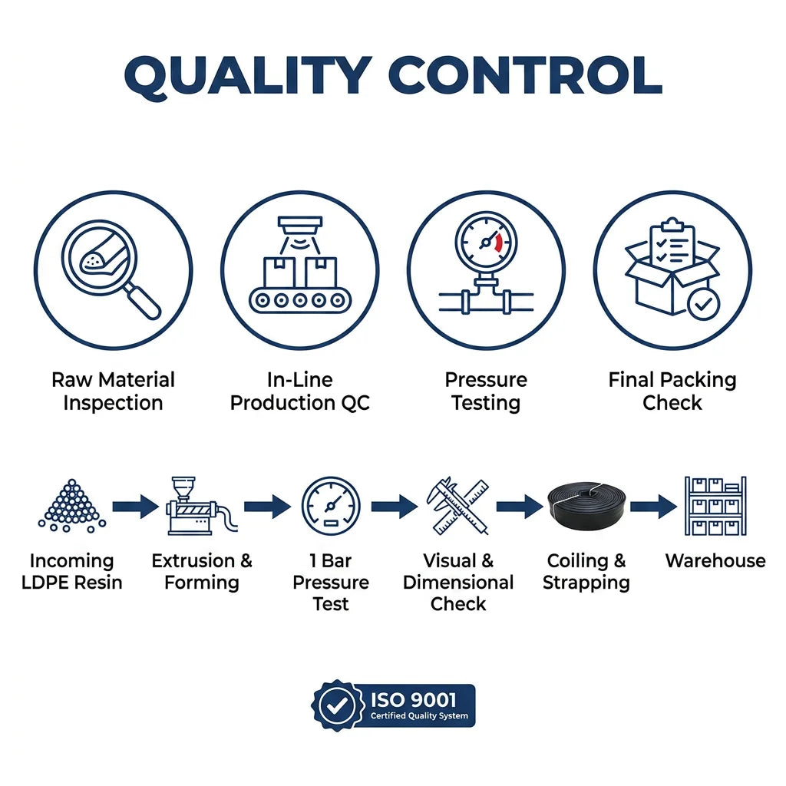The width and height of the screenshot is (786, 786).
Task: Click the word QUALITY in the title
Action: coord(248,77)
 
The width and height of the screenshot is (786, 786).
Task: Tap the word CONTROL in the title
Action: coord(525,75)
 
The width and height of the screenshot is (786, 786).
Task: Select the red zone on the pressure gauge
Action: coord(497,242)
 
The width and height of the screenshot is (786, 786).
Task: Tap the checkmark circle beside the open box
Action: coord(703,304)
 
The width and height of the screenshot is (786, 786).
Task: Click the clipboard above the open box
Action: coord(672,243)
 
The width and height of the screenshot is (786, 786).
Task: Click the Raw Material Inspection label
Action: coord(114,391)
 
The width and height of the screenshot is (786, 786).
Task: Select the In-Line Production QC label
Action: coord(300,391)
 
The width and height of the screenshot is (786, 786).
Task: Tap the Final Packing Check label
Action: coord(672,391)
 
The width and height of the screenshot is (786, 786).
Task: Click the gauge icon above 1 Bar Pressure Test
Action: coord(331,506)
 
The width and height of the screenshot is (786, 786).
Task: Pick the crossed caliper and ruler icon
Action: coord(457,506)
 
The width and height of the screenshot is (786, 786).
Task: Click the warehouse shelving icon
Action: coord(715,506)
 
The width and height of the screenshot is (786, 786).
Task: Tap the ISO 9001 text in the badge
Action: coord(414,700)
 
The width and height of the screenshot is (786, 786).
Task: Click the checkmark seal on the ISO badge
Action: coord(337,705)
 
